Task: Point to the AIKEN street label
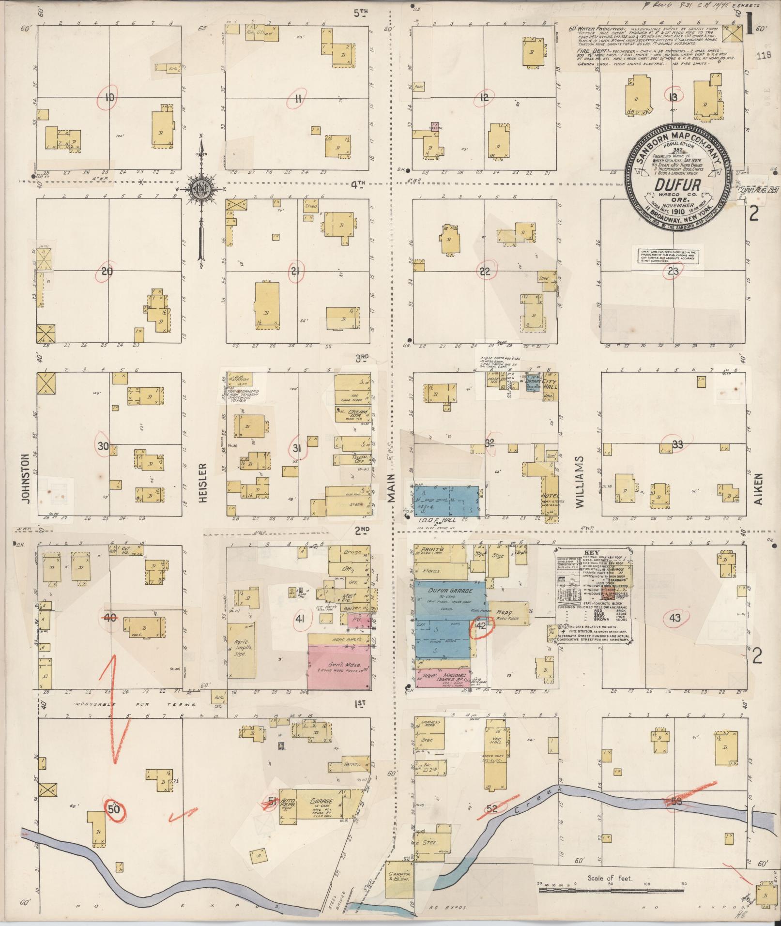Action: [758, 489]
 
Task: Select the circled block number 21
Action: [295, 271]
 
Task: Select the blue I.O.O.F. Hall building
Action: [446, 501]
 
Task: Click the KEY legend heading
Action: [592, 552]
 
